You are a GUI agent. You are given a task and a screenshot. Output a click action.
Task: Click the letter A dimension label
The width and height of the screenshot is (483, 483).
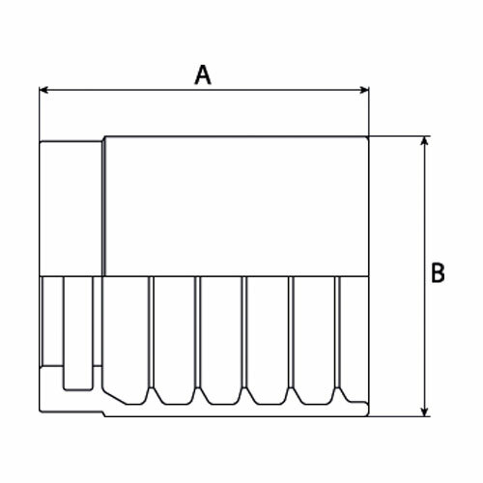coord(203,74)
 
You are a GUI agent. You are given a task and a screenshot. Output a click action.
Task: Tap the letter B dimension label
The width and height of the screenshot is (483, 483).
coord(438,273)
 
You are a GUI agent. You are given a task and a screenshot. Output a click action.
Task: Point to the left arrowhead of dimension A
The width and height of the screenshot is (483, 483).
coord(43,90)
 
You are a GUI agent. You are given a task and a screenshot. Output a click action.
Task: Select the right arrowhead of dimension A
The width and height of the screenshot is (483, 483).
coord(364,90)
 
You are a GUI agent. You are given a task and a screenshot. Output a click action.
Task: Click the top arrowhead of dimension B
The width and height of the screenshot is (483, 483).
coord(425,141)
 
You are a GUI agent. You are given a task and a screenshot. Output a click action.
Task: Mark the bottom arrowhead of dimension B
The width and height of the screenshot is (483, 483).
coord(425,412)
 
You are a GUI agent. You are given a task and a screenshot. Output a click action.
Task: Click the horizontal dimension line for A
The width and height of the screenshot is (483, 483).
coord(204,90)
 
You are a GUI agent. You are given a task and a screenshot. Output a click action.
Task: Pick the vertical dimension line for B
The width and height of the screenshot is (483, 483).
coord(425,276)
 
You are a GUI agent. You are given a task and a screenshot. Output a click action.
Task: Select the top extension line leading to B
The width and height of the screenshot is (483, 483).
coord(399,136)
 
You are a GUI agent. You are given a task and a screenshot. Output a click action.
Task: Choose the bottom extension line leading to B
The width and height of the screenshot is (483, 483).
coord(399,416)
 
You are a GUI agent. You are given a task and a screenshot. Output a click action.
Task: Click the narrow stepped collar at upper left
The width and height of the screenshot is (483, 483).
coord(71,209)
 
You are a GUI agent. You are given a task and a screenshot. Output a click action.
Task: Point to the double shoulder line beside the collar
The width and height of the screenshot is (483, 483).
coord(103,208)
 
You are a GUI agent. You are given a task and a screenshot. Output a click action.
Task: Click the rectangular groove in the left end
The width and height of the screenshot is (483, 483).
coord(78,333)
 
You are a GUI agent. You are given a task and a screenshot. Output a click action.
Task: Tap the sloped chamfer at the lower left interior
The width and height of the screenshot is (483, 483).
coord(114,397)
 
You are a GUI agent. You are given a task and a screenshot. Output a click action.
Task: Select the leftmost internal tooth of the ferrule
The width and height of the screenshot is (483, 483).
coord(151,333)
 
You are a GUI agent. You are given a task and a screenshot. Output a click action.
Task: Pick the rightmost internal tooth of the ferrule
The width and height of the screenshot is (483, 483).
coord(337,333)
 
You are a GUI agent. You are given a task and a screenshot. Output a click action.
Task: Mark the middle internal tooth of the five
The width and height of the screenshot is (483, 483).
coord(244,333)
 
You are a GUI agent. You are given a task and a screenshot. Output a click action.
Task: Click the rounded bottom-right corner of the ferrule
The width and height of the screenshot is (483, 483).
coord(366,413)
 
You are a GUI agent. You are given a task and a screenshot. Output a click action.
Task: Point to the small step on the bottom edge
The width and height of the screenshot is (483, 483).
coord(103,413)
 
